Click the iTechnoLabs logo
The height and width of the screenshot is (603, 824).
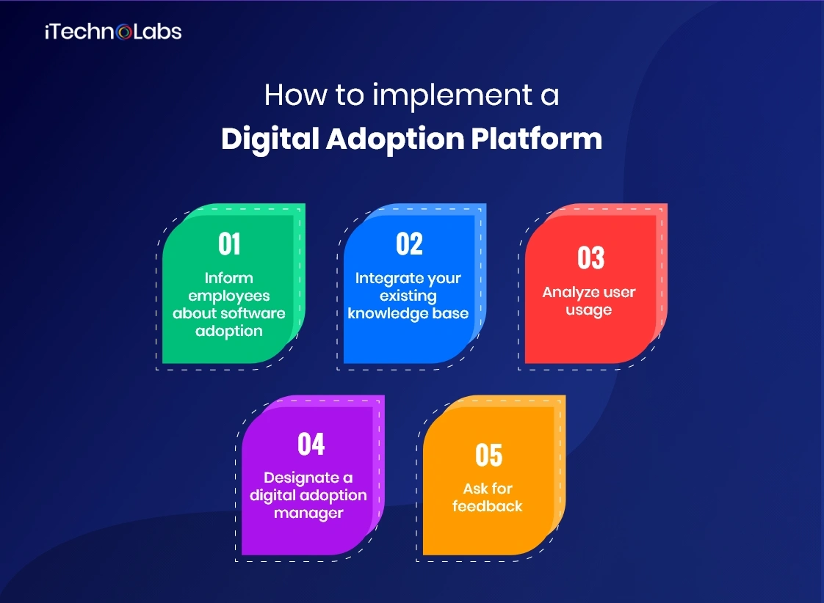(112, 32)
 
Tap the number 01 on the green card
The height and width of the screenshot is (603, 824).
(229, 244)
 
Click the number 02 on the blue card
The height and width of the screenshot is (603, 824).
(409, 244)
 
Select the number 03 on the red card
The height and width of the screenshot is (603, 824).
(590, 258)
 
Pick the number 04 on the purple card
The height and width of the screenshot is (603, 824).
(311, 445)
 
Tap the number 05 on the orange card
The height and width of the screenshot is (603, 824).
(488, 456)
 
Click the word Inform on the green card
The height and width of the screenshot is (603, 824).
(229, 278)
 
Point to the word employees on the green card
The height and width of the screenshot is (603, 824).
(229, 296)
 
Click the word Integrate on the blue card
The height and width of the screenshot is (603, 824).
(382, 278)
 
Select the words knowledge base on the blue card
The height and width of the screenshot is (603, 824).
(408, 313)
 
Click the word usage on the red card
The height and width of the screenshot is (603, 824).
(589, 310)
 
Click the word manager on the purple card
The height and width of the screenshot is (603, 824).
(308, 513)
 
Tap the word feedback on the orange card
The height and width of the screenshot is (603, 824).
(487, 506)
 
